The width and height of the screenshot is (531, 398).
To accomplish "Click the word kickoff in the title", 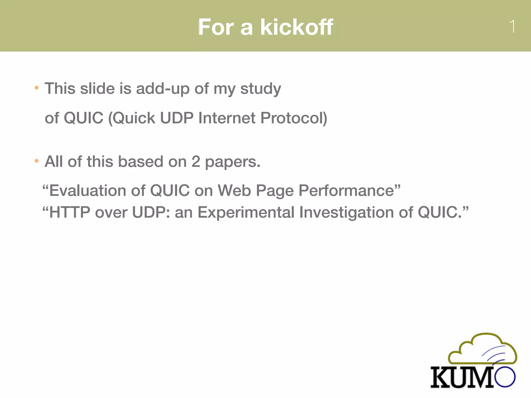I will point(297,27).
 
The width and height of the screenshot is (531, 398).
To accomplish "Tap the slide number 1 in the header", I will point(512,26).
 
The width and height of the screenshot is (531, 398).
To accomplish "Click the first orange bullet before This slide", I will point(37,88).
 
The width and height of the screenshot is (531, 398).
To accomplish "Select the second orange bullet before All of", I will point(37,161).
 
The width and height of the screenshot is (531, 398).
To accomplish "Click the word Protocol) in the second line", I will point(294,118).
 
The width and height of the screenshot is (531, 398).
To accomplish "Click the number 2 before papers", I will point(196,162).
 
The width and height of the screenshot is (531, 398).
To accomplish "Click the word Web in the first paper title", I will point(234,191).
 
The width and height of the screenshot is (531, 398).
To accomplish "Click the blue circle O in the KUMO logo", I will point(505,377).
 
